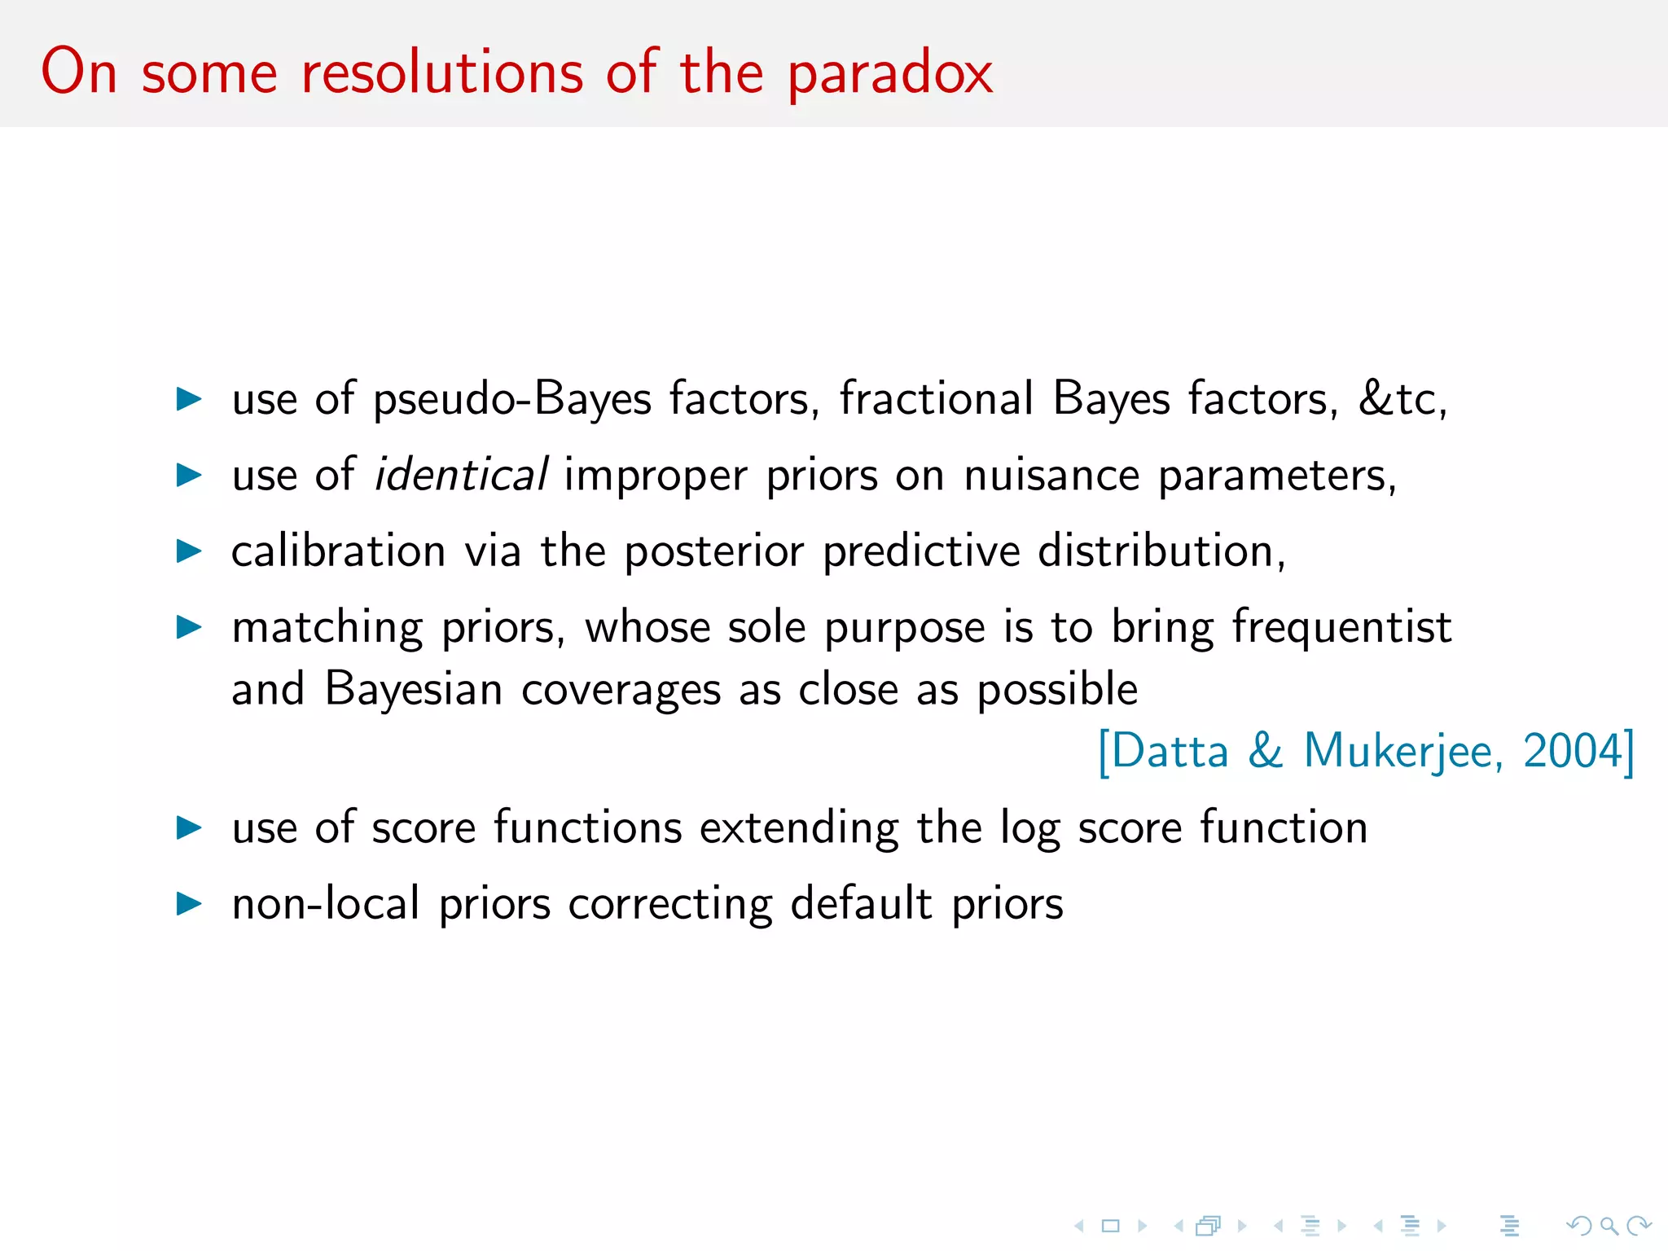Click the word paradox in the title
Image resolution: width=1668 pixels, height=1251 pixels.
click(889, 73)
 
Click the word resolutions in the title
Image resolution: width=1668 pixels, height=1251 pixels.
click(442, 73)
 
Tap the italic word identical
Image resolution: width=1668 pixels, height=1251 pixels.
click(461, 475)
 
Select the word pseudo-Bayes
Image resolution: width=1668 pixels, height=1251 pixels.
click(512, 400)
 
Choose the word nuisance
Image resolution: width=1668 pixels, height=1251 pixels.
click(1051, 475)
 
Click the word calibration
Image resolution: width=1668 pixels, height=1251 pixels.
click(338, 551)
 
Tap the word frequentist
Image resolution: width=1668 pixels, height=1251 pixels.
click(1341, 627)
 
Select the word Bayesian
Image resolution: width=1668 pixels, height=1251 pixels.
click(413, 689)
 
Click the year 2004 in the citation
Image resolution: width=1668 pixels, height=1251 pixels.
click(1573, 750)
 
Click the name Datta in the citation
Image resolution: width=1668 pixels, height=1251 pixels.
click(1170, 750)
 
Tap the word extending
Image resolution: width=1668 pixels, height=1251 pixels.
click(799, 828)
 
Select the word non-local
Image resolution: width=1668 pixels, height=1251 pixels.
click(326, 903)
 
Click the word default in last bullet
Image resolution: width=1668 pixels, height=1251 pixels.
click(861, 903)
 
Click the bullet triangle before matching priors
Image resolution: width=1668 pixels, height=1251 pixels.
click(189, 627)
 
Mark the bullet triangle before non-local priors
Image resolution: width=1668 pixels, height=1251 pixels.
click(189, 903)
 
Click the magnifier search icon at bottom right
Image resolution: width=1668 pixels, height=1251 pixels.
click(1609, 1225)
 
